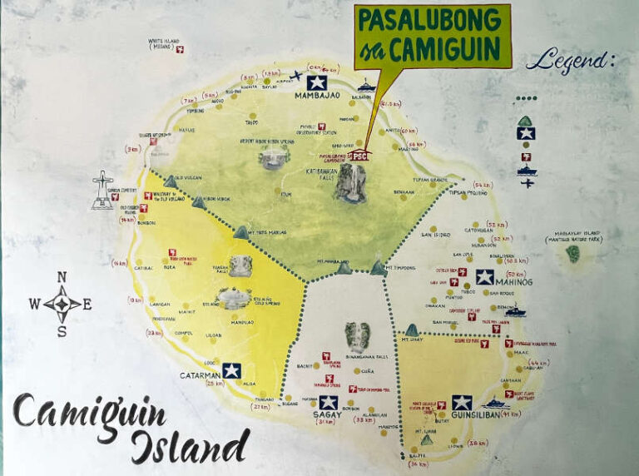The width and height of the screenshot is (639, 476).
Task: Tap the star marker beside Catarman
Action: [x=231, y=370]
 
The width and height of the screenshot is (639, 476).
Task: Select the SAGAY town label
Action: [x=328, y=416]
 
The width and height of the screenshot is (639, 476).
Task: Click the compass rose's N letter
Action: [x=62, y=278]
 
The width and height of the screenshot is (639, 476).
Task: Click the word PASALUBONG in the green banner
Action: [x=432, y=19]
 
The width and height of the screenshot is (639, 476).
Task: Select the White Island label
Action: [x=165, y=42]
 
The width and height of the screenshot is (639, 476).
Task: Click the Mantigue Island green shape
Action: [x=573, y=253]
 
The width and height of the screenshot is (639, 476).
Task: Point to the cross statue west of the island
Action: [x=102, y=190]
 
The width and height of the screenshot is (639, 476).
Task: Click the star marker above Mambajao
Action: [x=315, y=82]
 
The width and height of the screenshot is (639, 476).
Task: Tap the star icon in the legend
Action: [x=525, y=133]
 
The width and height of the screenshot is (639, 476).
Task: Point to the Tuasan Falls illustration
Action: [x=240, y=266]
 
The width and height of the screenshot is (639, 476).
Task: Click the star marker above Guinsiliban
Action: [x=462, y=402]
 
